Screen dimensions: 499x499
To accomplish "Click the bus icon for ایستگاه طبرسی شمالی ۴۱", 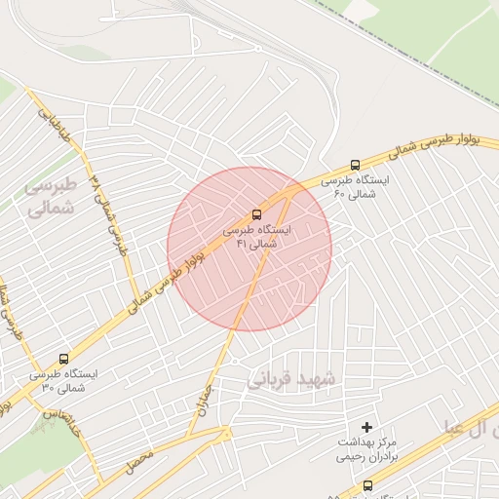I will (x=257, y=213).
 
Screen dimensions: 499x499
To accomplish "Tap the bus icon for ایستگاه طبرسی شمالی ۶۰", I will (x=355, y=166).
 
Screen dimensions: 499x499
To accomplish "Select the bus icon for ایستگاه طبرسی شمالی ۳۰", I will (x=64, y=358).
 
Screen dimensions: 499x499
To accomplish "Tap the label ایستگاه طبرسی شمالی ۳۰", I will (x=62, y=380).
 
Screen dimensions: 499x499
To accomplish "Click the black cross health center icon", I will (x=366, y=427).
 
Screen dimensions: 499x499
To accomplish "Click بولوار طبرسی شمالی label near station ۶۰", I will (x=409, y=146).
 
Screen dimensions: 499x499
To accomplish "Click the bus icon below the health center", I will (x=367, y=485).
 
